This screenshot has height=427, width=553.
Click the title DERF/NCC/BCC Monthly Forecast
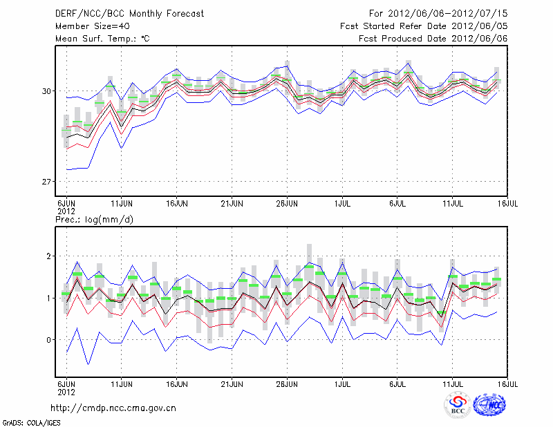[x=129, y=14]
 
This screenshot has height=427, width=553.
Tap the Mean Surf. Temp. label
[x=102, y=39]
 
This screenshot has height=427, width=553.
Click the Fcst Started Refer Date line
[x=424, y=26]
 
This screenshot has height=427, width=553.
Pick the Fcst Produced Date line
[x=433, y=39]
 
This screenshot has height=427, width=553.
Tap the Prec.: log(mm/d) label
[x=94, y=220]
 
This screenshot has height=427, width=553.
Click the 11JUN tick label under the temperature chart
[x=122, y=204]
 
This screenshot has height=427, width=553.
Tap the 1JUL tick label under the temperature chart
[x=342, y=204]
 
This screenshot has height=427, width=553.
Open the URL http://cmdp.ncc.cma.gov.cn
[x=113, y=408]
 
